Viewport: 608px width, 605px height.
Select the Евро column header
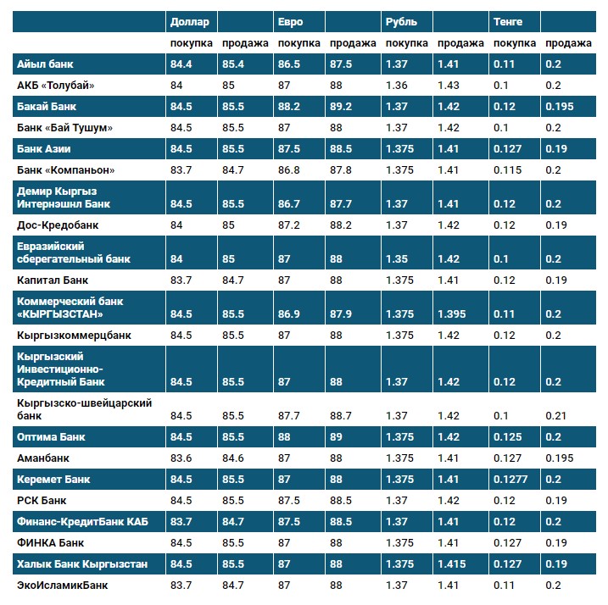point(290,21)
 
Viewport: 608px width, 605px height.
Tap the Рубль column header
point(400,21)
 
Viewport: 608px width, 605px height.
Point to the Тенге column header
point(507,21)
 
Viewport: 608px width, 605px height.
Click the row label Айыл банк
point(44,64)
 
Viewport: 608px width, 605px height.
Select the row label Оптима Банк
point(51,437)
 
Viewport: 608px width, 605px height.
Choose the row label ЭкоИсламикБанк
point(62,585)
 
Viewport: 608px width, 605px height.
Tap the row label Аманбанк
point(43,458)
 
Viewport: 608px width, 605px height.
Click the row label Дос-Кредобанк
point(57,225)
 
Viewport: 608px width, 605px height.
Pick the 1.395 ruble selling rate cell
point(452,314)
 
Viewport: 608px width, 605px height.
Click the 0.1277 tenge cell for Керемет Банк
point(510,480)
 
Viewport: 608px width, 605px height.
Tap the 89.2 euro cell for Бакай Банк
point(342,106)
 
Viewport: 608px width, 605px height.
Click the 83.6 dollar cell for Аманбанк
point(181,458)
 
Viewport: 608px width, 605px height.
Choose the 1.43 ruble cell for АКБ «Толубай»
point(449,85)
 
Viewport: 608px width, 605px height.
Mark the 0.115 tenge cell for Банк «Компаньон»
point(507,169)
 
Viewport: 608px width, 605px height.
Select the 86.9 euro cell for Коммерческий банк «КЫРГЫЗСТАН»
point(290,314)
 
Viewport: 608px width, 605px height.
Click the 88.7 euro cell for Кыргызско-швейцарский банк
point(342,416)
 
